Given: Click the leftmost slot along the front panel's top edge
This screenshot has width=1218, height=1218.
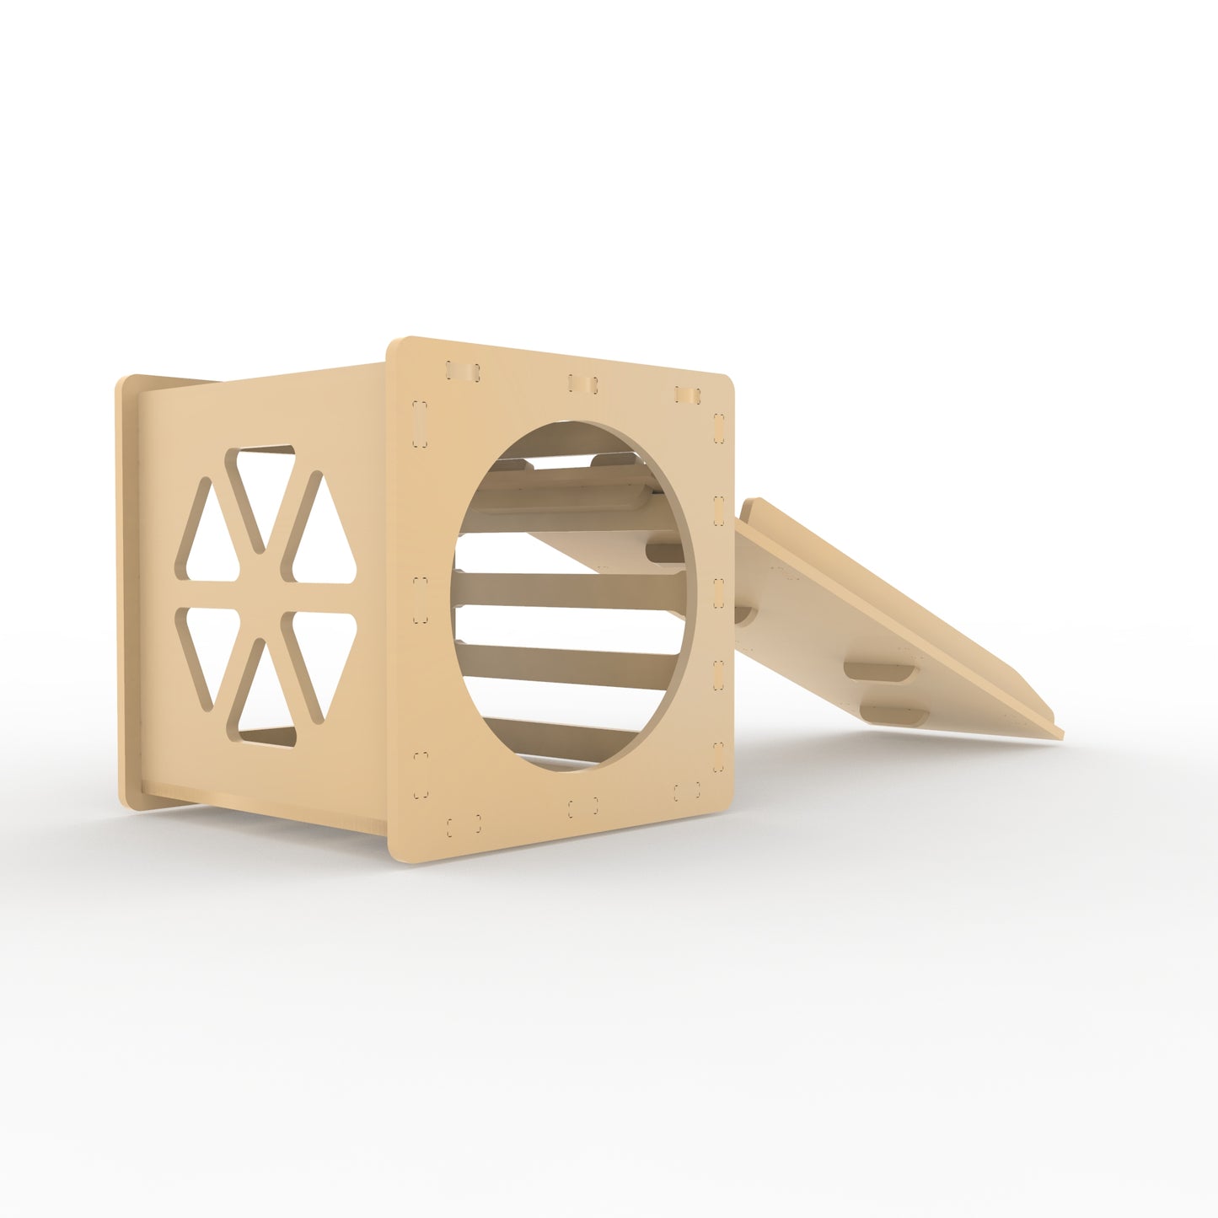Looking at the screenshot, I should tap(462, 372).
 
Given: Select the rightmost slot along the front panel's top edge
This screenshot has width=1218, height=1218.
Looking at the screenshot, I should tap(688, 394).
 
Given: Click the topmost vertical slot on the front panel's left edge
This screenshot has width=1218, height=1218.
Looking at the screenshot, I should tap(419, 421).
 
